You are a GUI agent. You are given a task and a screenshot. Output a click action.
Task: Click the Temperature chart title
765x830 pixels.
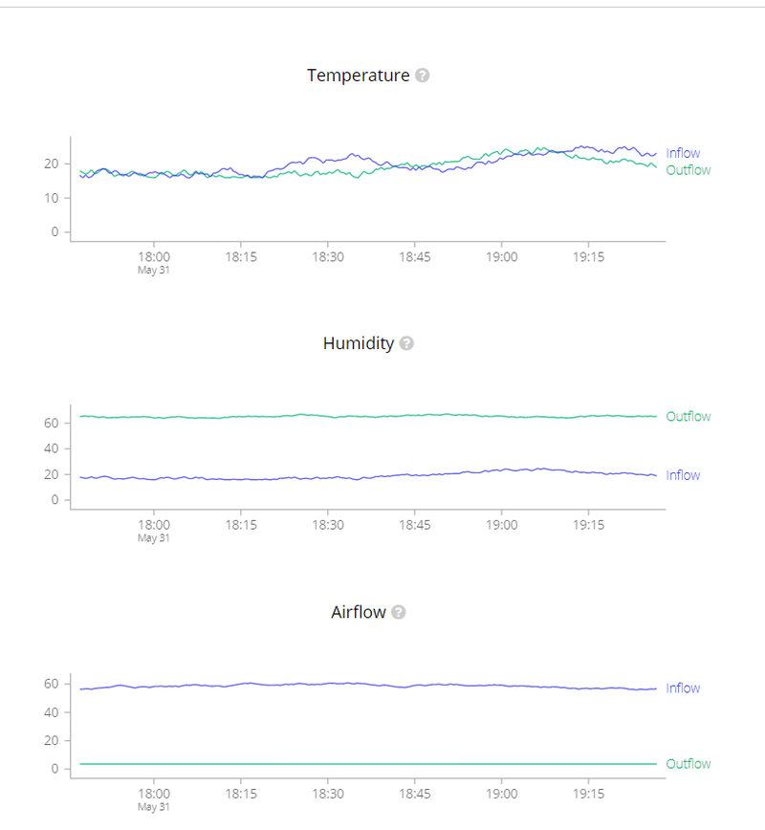(358, 76)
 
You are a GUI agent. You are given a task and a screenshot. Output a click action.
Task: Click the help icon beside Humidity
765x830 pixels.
(406, 343)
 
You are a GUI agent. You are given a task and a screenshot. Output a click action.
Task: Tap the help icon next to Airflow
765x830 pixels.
(399, 612)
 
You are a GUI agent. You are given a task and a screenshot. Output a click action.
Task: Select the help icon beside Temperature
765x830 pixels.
(422, 76)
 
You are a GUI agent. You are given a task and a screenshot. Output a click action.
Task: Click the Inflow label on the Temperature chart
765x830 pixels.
(683, 153)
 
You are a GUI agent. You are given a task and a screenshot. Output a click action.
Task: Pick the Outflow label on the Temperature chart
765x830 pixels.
(688, 170)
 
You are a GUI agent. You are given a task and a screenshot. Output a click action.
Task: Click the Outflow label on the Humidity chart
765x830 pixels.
(688, 417)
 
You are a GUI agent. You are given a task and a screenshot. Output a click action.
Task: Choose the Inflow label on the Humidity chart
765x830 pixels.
(683, 475)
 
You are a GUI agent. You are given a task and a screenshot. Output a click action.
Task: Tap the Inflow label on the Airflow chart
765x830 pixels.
(683, 688)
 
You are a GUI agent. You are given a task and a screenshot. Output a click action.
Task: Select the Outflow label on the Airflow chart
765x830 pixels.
(688, 764)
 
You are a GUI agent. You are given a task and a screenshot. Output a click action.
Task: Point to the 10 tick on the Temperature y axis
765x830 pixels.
(54, 198)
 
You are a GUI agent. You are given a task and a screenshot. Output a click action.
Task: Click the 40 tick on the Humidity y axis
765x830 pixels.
(54, 448)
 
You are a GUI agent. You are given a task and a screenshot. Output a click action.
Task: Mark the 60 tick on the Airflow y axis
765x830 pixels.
(54, 684)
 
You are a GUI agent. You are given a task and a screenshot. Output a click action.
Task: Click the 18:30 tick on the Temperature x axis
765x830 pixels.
(328, 256)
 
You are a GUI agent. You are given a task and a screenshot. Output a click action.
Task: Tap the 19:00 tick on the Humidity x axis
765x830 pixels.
(502, 525)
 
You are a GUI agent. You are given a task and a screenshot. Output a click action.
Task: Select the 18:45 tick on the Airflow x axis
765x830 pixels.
(415, 794)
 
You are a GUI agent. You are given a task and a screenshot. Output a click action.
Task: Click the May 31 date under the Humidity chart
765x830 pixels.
(154, 538)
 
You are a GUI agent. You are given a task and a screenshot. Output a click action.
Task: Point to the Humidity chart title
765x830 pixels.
(359, 343)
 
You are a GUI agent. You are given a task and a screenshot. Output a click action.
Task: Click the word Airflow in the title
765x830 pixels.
(359, 612)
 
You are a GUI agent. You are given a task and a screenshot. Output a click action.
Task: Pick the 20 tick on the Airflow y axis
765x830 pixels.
(54, 741)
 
